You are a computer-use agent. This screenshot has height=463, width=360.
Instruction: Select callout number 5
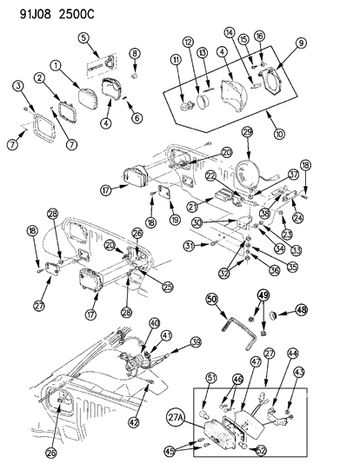(83, 37)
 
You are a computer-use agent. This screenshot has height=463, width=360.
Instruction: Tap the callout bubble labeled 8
(135, 54)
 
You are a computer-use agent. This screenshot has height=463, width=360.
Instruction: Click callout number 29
(247, 133)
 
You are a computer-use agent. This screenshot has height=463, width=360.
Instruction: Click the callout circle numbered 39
(171, 366)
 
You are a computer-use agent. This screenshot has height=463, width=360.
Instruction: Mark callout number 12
(187, 43)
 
